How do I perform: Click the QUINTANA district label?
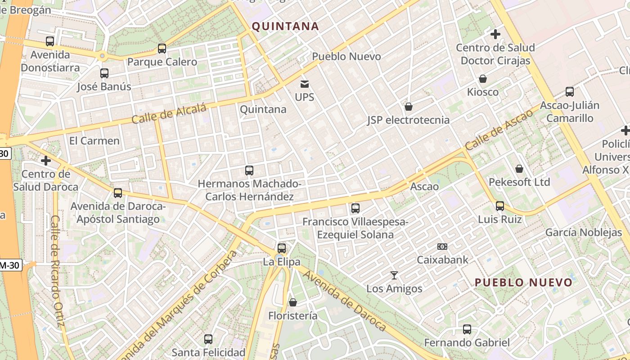point(285,26)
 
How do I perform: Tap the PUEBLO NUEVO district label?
point(524,283)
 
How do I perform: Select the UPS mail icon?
point(305,84)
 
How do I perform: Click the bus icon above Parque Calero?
point(162,49)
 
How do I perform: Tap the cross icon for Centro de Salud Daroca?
point(45,161)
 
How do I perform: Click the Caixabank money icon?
point(442,247)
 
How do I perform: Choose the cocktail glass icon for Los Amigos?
point(394,275)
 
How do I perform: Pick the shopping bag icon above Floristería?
point(293,302)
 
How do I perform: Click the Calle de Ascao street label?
point(499,130)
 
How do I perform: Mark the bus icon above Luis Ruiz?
point(500,206)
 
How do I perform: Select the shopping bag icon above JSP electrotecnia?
point(409,107)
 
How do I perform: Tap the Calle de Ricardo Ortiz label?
point(58,271)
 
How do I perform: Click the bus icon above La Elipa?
point(282,248)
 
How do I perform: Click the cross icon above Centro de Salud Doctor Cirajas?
point(495,34)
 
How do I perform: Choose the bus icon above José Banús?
point(104,73)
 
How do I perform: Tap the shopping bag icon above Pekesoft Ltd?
point(519,169)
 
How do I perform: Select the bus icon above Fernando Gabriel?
point(467,329)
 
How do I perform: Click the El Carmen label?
point(94,141)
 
